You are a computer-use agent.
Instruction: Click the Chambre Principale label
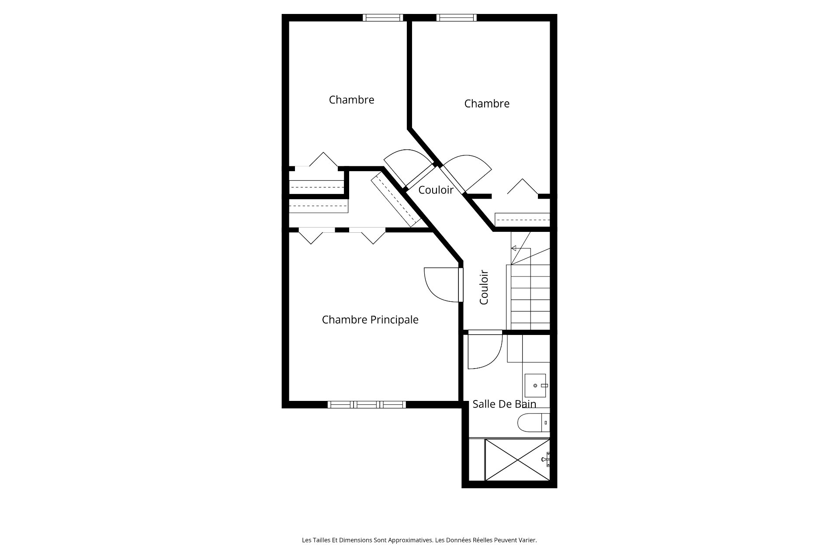(x=370, y=320)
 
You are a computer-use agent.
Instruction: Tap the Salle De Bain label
(x=504, y=404)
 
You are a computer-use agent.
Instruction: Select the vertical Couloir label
(x=484, y=287)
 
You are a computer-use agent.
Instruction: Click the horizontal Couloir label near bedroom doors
(x=436, y=190)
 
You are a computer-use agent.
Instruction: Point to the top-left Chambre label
(x=351, y=100)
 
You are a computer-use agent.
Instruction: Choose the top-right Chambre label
(x=487, y=104)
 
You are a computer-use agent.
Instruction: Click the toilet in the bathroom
(x=533, y=422)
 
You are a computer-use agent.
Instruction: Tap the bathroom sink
(x=536, y=386)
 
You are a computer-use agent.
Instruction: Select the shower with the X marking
(x=517, y=459)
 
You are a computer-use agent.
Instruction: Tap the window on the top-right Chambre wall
(x=456, y=17)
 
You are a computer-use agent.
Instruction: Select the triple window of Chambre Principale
(x=367, y=404)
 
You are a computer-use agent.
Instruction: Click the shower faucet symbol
(x=546, y=459)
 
